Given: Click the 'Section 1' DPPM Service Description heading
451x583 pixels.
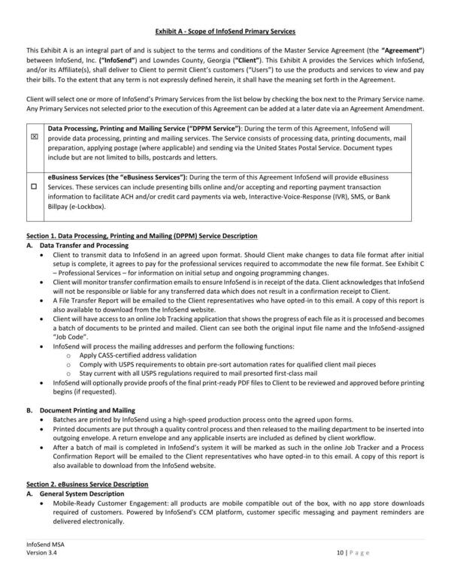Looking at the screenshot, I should click(x=142, y=237).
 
